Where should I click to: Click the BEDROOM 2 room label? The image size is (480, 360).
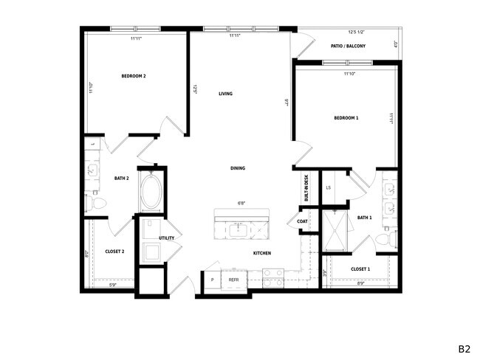[134, 76]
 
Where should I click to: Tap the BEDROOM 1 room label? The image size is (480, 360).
[346, 118]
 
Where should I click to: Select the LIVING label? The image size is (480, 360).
[225, 94]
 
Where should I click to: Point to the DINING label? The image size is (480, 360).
[237, 168]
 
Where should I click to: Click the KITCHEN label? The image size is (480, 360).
[262, 253]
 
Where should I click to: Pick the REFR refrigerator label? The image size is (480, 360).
[233, 280]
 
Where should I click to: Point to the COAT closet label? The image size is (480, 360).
[302, 221]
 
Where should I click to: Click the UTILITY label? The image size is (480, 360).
[166, 238]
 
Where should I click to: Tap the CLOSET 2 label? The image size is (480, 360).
[114, 252]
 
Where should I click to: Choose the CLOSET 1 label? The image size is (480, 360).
[360, 269]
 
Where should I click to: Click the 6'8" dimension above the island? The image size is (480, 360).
[241, 203]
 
